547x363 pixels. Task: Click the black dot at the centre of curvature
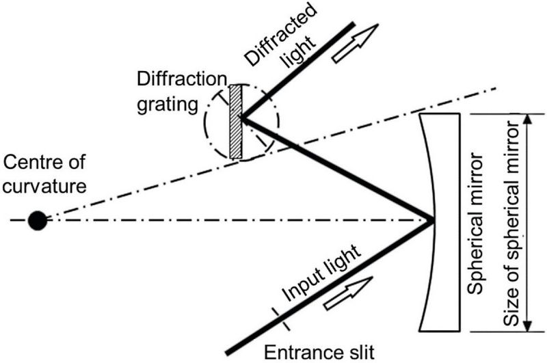pyautogui.click(x=37, y=220)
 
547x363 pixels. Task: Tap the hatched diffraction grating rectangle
pyautogui.click(x=235, y=122)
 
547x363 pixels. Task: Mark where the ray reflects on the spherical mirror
pyautogui.click(x=432, y=220)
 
